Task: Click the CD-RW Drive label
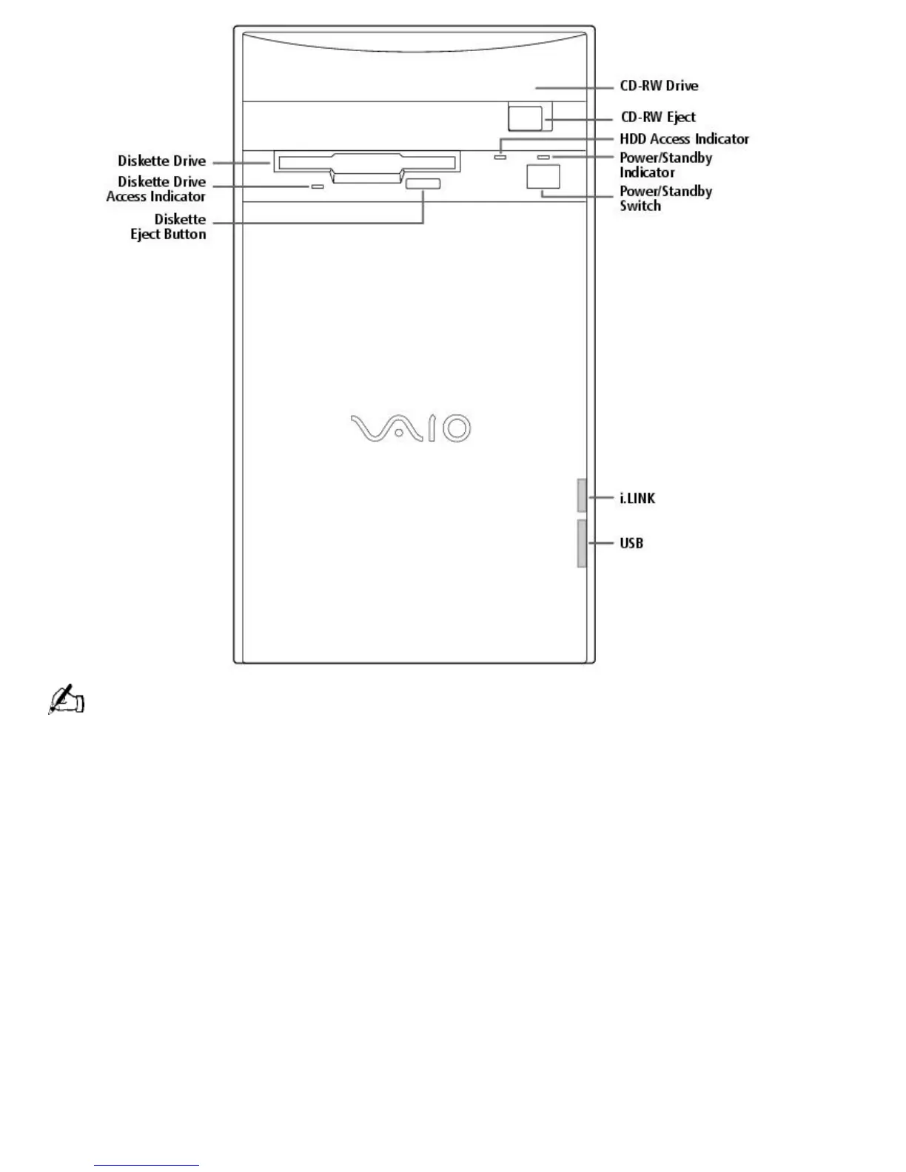pyautogui.click(x=659, y=86)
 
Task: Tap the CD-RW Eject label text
pyautogui.click(x=658, y=117)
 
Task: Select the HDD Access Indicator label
pyautogui.click(x=684, y=139)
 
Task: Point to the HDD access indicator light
pyautogui.click(x=500, y=158)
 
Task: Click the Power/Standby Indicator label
pyautogui.click(x=665, y=165)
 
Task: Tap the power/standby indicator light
pyautogui.click(x=544, y=158)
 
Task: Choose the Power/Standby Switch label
pyautogui.click(x=665, y=198)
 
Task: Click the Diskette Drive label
pyautogui.click(x=161, y=161)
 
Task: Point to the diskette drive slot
pyautogui.click(x=366, y=162)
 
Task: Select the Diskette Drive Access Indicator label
pyautogui.click(x=156, y=189)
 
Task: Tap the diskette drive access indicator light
pyautogui.click(x=317, y=186)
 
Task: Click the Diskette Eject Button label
pyautogui.click(x=169, y=227)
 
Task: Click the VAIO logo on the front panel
pyautogui.click(x=410, y=428)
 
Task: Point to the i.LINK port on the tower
pyautogui.click(x=582, y=495)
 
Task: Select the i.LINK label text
pyautogui.click(x=637, y=499)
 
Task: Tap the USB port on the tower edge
pyautogui.click(x=582, y=543)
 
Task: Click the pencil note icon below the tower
pyautogui.click(x=66, y=699)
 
